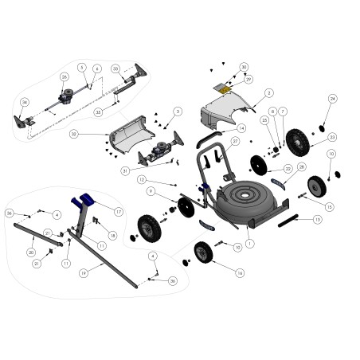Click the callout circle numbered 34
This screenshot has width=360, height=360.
(25, 103)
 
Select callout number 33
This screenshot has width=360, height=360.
(115, 68)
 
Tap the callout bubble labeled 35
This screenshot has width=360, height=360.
(99, 112)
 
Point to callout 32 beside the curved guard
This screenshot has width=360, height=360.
(73, 134)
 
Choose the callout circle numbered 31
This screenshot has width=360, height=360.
(125, 171)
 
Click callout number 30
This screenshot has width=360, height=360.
(244, 67)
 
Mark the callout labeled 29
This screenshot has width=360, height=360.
(248, 79)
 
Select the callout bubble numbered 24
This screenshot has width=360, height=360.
(333, 99)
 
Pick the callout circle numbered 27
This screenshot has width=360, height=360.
(236, 141)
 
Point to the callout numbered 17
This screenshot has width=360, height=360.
(118, 212)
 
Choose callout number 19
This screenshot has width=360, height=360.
(83, 272)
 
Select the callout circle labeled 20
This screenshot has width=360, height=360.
(31, 252)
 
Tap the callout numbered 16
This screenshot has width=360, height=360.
(240, 272)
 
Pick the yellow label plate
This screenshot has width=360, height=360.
(225, 90)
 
